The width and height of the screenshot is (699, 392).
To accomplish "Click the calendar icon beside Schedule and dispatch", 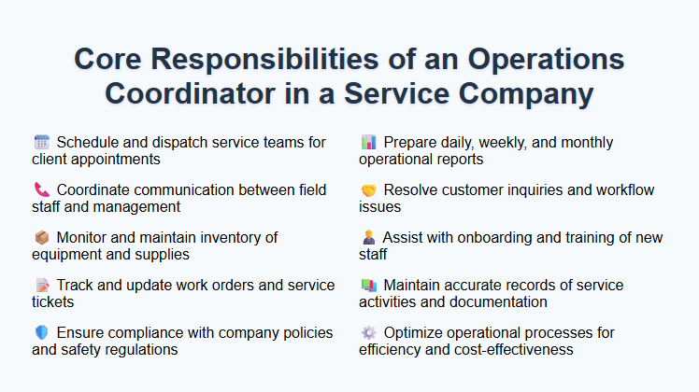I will tap(41, 143).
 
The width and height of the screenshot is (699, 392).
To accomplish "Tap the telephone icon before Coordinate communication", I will tap(41, 190).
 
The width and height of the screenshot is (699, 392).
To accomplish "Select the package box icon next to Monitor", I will tap(41, 238).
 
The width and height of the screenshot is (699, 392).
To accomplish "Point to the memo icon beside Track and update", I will tap(41, 286).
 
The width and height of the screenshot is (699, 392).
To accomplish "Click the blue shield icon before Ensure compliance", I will tap(41, 333).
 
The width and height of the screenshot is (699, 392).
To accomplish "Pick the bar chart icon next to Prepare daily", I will tap(368, 143).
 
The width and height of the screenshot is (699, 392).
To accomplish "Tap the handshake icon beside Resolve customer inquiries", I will tap(368, 190).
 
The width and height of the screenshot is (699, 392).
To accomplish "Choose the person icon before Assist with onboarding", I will tap(368, 238).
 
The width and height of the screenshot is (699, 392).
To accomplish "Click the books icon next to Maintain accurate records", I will tap(368, 286).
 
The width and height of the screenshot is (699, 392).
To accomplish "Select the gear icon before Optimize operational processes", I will tap(368, 333).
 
